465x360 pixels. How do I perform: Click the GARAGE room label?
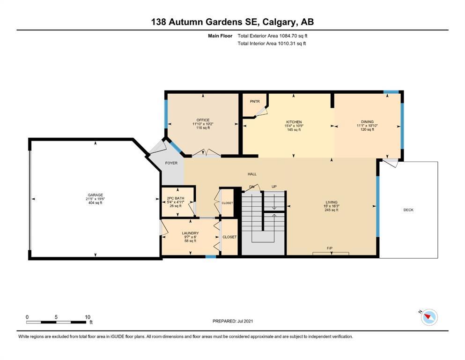coord(95,195)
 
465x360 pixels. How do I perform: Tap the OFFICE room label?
coord(203,120)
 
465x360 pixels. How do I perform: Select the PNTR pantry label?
coord(255,102)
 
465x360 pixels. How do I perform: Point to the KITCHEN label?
coord(294,122)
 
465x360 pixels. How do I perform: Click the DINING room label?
coord(367,122)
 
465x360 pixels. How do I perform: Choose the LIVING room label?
coord(332,202)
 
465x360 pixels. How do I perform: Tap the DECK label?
coord(408,210)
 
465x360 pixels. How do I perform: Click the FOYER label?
coord(171,163)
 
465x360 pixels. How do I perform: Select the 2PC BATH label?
coord(176,198)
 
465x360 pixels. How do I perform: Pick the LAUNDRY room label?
coord(190,233)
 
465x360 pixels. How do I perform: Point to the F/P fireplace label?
coord(330,248)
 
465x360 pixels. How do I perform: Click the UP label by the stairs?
coord(274,187)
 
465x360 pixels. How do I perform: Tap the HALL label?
coord(252,174)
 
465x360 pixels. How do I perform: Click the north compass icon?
coord(429,317)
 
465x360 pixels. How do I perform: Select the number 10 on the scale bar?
coord(88,317)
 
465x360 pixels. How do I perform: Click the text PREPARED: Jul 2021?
coord(233,321)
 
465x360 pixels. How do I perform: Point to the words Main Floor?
coord(220,36)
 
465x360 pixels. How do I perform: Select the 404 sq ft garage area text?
coord(95,202)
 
